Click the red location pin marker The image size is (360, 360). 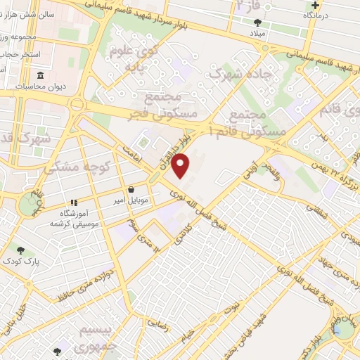tap(181, 166)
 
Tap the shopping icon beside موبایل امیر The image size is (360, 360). tap(131, 189)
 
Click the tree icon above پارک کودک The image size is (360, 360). tap(20, 250)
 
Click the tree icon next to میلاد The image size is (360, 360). tap(261, 22)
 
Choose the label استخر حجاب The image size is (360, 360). tap(20, 54)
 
